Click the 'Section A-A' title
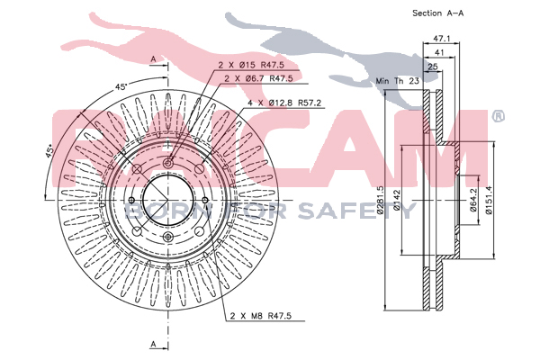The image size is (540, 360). [x=437, y=13]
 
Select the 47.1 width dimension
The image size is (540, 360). [x=442, y=39]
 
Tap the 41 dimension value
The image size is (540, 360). [x=439, y=53]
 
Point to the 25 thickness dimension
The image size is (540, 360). [x=433, y=67]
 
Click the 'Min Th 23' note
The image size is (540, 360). [x=398, y=81]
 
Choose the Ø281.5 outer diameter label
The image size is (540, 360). [x=380, y=200]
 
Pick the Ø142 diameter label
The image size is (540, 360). [x=397, y=200]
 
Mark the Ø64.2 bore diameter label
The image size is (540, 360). [x=472, y=200]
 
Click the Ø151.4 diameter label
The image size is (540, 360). [x=489, y=200]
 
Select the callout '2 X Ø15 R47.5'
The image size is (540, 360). [x=251, y=65]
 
